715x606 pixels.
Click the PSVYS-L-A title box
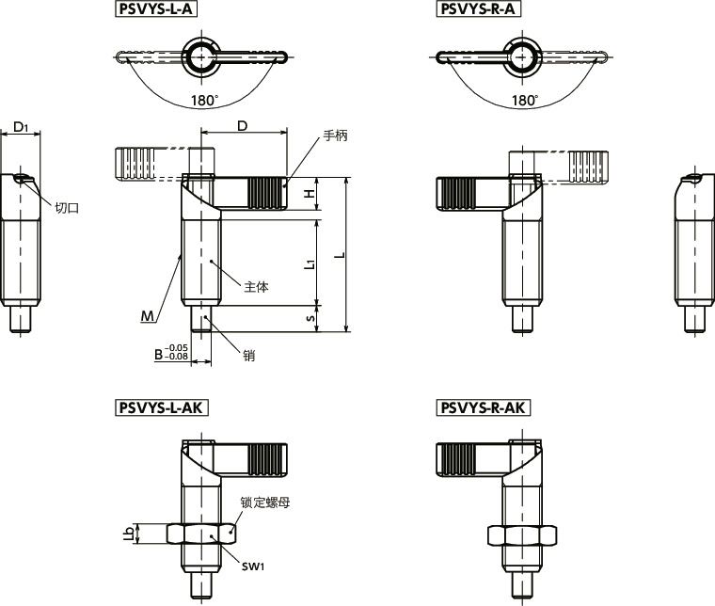point(156,9)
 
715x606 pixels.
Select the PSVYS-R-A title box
point(478,9)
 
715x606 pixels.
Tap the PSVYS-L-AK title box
point(162,407)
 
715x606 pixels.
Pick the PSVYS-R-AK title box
point(484,407)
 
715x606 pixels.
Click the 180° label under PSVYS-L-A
point(205,101)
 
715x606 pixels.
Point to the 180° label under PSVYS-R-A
point(525,101)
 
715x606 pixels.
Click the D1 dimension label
point(20,127)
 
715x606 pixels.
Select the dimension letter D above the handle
point(243,126)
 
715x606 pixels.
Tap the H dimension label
point(310,193)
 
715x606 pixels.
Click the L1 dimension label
point(310,263)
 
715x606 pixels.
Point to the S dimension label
point(310,318)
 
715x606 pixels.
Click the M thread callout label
point(148,316)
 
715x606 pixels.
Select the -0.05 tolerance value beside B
point(176,348)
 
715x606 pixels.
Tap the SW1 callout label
point(253,566)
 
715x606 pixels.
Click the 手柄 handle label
point(335,136)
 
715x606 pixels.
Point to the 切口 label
point(67,208)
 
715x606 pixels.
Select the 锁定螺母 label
point(265,502)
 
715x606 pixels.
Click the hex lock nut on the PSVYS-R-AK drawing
point(521,534)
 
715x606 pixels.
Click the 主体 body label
point(256,287)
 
